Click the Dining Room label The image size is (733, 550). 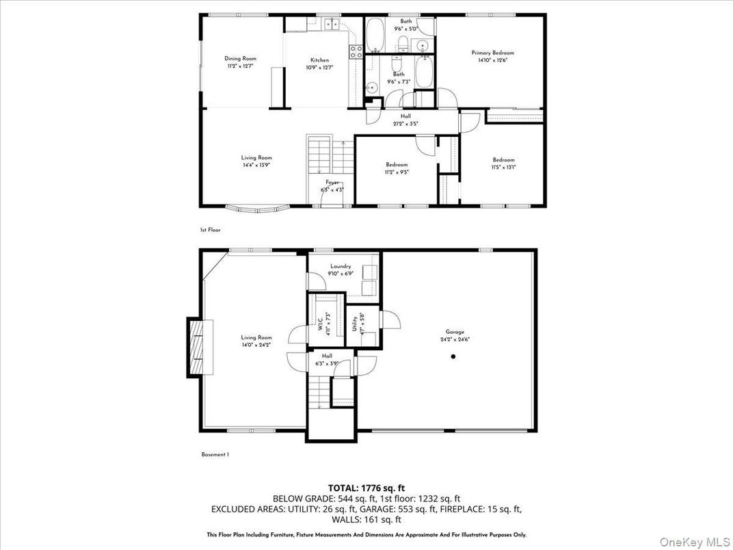pos(240,59)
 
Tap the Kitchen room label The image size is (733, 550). pos(319,60)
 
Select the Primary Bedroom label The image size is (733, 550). pos(492,53)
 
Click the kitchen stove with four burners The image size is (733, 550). pos(356,53)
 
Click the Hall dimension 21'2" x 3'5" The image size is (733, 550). pos(405,124)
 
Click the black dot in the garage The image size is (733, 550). pos(453,356)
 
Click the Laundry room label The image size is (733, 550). pos(341,266)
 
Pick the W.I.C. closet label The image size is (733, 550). pos(320,322)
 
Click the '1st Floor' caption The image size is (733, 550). pos(210,230)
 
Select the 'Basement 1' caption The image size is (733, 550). pos(215,454)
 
